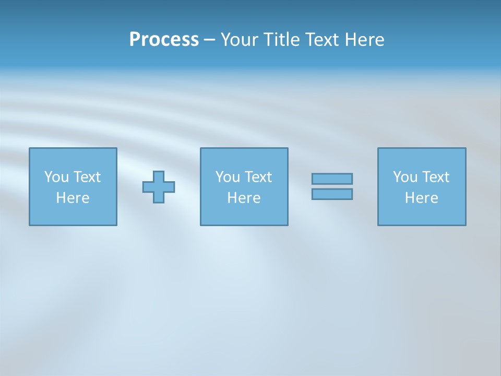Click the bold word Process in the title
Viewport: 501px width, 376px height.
164,40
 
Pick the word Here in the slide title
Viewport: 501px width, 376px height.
365,40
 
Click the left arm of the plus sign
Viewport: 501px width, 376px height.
148,187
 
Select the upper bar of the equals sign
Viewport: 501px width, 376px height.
332,179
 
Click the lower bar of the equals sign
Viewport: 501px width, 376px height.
332,194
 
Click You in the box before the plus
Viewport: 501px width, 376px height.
56,177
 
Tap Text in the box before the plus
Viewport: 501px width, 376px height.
86,177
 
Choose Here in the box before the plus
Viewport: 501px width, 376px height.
73,198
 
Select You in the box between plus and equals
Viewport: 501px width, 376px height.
228,177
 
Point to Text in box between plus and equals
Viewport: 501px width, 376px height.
257,177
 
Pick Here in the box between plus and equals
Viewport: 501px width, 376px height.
244,198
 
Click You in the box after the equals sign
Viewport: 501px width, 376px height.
405,177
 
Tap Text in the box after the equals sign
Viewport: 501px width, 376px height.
435,177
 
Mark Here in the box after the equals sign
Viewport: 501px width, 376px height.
421,198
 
